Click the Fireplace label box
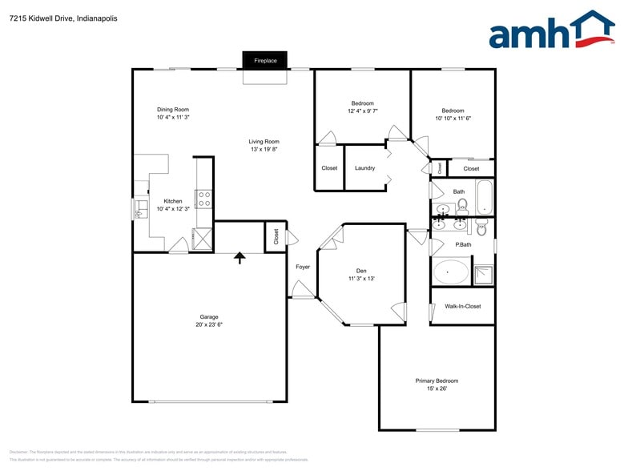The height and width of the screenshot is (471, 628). (265, 61)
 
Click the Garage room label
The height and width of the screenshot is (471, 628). (208, 316)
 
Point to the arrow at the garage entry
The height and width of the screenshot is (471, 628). (239, 257)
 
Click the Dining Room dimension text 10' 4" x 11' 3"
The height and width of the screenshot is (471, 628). (172, 118)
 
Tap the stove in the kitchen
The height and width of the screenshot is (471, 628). (203, 198)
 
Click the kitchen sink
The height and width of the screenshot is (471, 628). (140, 208)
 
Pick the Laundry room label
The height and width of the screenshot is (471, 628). (364, 168)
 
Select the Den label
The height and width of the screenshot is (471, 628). (361, 271)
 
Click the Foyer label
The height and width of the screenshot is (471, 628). (302, 267)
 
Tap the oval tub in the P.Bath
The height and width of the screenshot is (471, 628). (451, 272)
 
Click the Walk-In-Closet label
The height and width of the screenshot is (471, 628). (463, 306)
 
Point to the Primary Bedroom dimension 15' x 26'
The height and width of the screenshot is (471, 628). (437, 388)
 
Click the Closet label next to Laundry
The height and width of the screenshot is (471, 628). (329, 168)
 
